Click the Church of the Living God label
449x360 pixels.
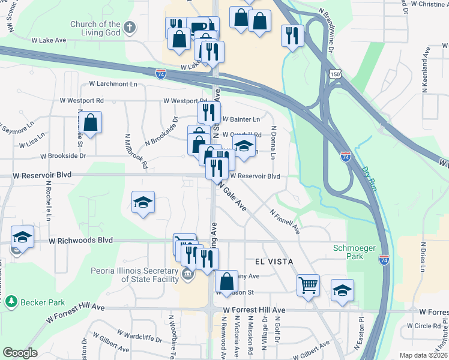[x=95, y=29]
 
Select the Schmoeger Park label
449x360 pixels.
[x=349, y=252]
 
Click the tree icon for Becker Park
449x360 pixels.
[x=10, y=302]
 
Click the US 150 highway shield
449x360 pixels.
[x=335, y=73]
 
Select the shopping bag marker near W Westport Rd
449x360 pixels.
[x=90, y=123]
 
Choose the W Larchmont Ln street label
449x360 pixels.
[x=113, y=84]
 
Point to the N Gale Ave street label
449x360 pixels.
[x=233, y=197]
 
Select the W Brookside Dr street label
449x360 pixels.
[x=63, y=156]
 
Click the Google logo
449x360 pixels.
[x=20, y=353]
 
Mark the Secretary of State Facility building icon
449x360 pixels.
[x=187, y=275]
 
